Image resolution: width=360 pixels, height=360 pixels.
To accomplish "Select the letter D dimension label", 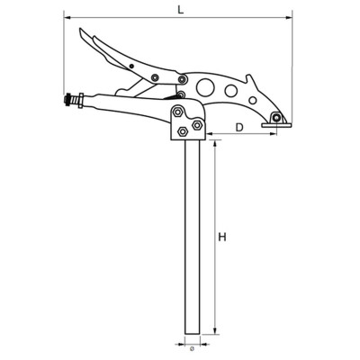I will pos(238,127).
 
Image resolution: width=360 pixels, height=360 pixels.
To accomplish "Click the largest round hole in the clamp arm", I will pos(206,87).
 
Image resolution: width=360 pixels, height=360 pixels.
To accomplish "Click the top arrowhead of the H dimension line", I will pos(216,141).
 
